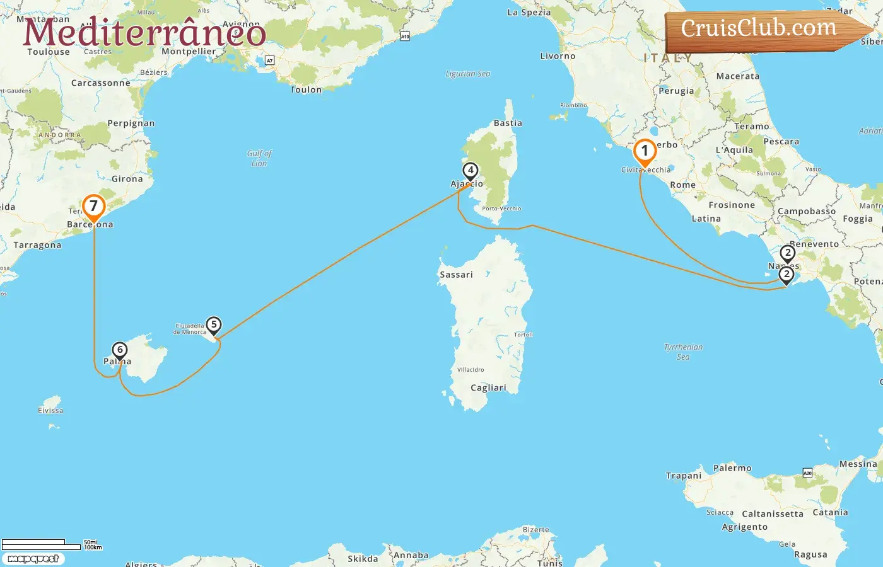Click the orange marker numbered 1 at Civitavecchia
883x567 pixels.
(645, 152)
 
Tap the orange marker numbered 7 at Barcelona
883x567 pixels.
(93, 207)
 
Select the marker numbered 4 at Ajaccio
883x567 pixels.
(470, 171)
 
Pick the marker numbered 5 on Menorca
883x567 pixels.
(214, 325)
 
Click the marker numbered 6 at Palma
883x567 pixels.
(119, 350)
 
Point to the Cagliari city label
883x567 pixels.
(488, 388)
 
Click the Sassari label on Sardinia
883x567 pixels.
(456, 275)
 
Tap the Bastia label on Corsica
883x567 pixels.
(508, 123)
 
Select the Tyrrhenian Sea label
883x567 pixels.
(683, 352)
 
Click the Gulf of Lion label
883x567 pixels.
(259, 158)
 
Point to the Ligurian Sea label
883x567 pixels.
(467, 74)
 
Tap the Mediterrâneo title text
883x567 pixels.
(144, 33)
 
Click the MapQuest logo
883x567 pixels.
(33, 559)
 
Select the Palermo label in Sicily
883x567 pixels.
(732, 468)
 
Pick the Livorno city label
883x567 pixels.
(558, 56)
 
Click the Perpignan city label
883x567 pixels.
(131, 123)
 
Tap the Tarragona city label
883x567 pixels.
(37, 245)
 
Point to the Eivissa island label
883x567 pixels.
(50, 410)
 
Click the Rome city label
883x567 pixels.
(682, 185)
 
